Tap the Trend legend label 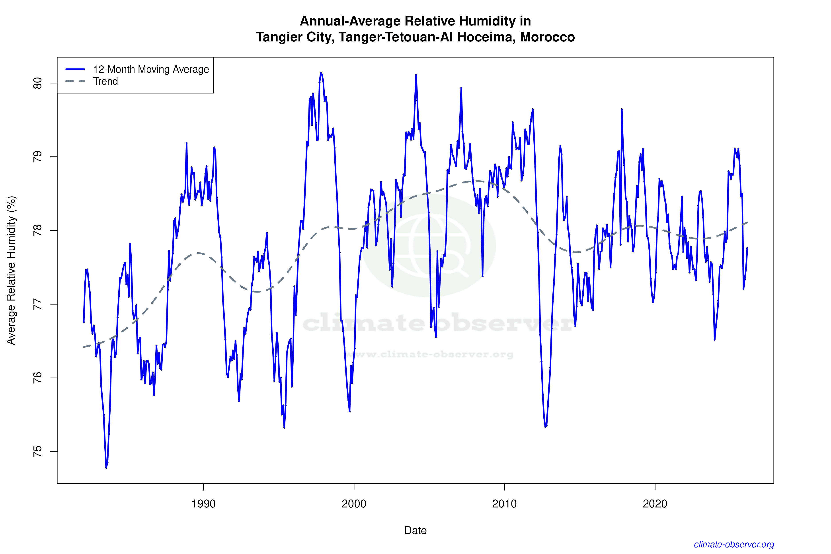pos(105,81)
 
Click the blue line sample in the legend pos(75,69)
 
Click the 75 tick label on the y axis pos(37,452)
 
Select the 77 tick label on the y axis pos(37,304)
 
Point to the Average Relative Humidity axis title pos(11,270)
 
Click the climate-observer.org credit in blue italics pos(734,544)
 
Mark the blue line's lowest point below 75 pos(106,467)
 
